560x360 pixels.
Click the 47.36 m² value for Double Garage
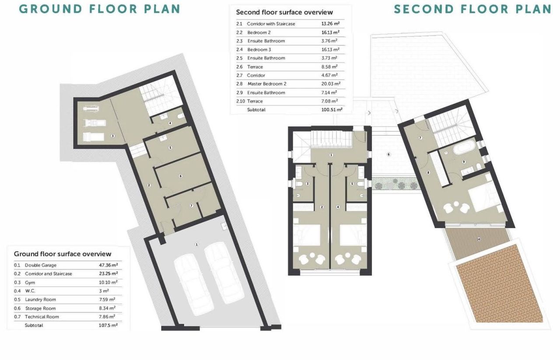point(108,265)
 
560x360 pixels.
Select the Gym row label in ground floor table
point(30,283)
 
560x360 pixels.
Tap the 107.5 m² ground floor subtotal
point(108,325)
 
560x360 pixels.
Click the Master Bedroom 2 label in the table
point(267,84)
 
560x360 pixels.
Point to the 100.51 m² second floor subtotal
point(332,109)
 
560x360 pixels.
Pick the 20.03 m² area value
point(331,84)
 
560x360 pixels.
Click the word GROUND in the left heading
point(51,9)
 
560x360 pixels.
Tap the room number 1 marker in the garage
point(197,244)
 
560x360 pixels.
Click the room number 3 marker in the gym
point(113,136)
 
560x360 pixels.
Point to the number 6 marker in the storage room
point(181,176)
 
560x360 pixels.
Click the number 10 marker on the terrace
point(479,239)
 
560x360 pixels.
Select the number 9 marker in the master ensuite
point(464,162)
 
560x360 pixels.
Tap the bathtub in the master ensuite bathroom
point(464,147)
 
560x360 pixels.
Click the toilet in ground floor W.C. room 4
point(181,116)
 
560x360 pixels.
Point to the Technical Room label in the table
point(42,317)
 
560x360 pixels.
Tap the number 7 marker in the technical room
point(192,206)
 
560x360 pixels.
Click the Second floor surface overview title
point(284,12)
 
